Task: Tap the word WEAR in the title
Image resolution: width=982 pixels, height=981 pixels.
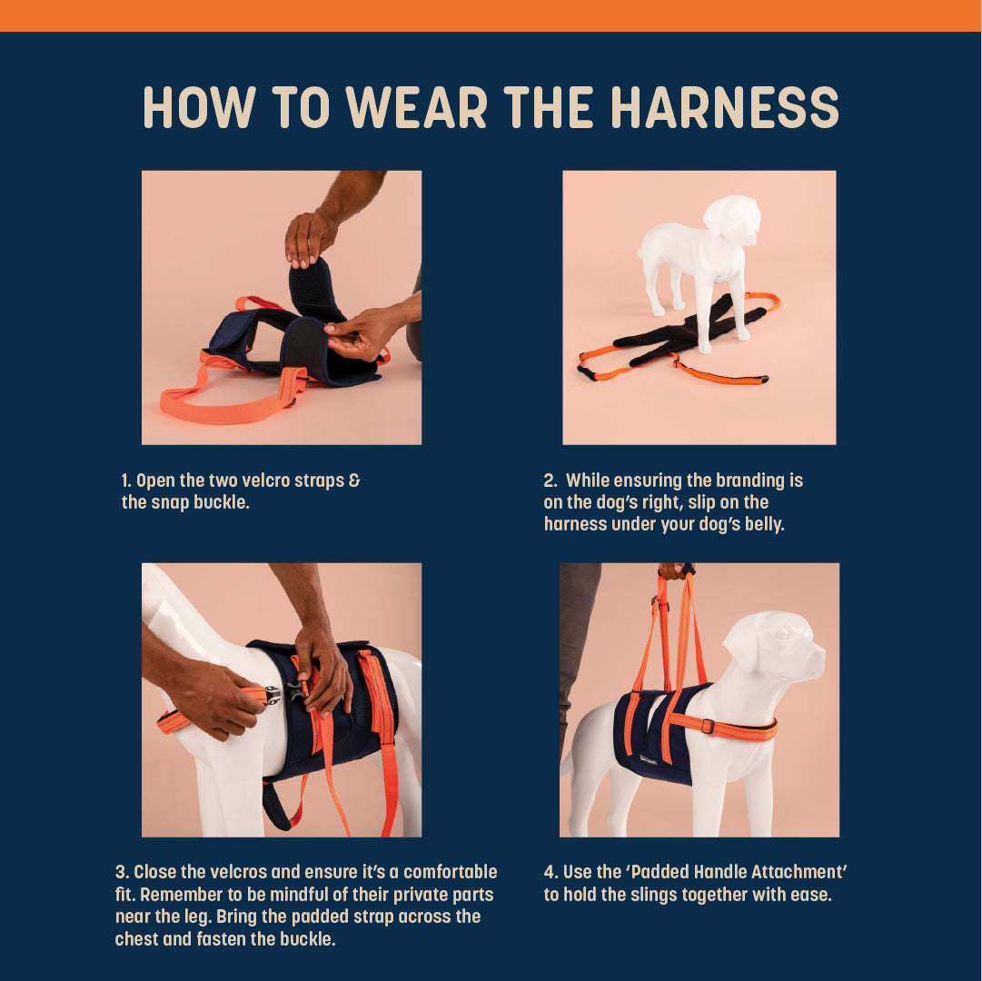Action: pyautogui.click(x=418, y=107)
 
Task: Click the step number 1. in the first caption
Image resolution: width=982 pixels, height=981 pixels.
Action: pyautogui.click(x=126, y=481)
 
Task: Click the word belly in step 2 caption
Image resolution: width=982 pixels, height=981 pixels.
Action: pyautogui.click(x=757, y=524)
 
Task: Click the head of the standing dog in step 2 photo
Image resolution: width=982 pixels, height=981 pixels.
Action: pyautogui.click(x=732, y=219)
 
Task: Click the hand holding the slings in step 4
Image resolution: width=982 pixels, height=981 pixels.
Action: pyautogui.click(x=672, y=571)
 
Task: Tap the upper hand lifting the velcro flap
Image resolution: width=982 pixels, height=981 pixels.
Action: pyautogui.click(x=309, y=238)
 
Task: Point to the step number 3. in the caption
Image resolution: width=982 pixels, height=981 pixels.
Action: pyautogui.click(x=121, y=872)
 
